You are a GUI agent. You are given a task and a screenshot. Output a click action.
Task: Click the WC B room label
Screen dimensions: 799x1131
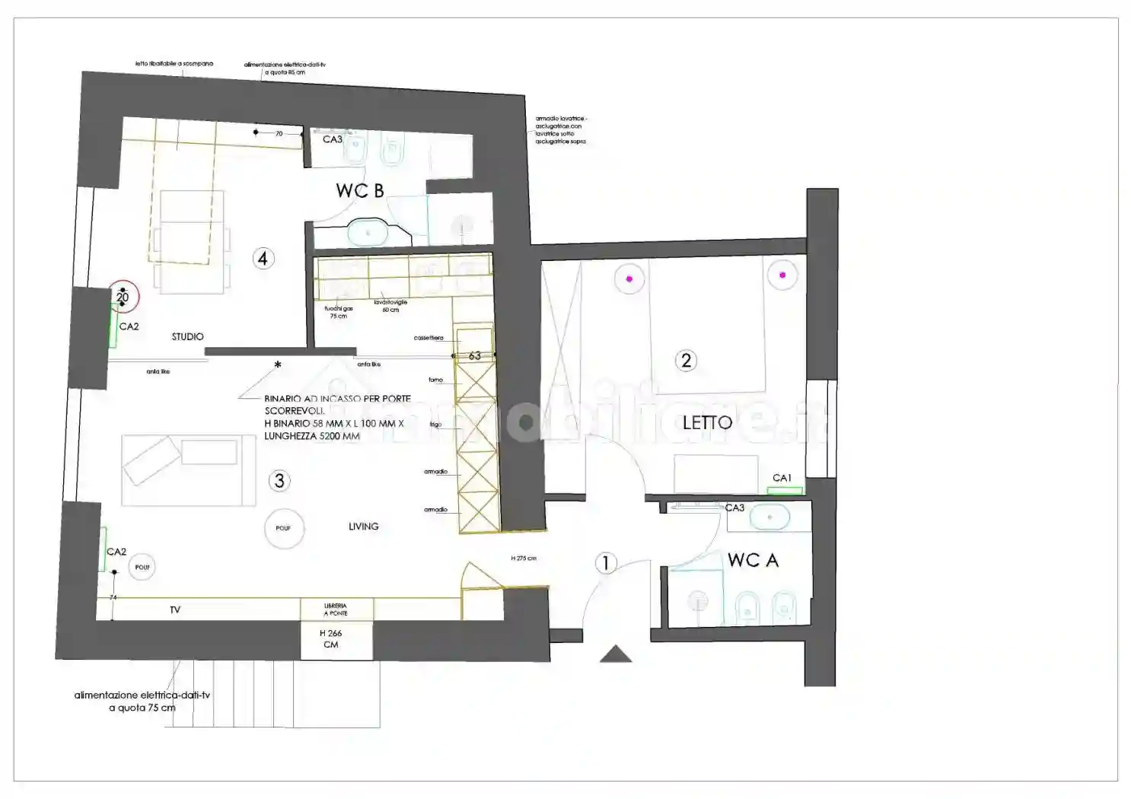(x=359, y=190)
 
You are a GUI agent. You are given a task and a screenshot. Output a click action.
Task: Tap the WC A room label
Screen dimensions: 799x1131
(x=752, y=561)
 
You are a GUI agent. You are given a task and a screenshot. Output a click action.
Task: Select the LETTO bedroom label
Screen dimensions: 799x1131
(x=707, y=422)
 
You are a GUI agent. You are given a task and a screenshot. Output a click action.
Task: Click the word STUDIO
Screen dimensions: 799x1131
(x=187, y=336)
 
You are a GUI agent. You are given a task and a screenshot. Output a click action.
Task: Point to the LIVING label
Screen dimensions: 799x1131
(x=363, y=526)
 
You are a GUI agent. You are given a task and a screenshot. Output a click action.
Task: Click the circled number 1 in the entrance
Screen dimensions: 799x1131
(x=606, y=563)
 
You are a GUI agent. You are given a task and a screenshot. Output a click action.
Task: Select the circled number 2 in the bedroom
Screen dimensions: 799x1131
(x=686, y=360)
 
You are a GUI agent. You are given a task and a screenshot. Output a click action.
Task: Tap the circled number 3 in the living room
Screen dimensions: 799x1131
(x=279, y=480)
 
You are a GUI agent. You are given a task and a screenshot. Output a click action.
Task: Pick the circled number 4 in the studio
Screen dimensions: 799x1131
(x=263, y=259)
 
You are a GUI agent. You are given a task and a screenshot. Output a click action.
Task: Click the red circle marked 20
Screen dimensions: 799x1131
(x=123, y=297)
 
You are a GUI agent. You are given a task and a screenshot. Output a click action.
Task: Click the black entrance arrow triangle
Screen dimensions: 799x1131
(x=616, y=654)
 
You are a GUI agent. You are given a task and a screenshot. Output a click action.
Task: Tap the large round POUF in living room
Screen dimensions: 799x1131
(x=284, y=528)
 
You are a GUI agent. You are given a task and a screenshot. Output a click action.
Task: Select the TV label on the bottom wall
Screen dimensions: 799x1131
(x=175, y=610)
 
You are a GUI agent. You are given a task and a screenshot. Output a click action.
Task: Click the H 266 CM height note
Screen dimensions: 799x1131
(x=330, y=638)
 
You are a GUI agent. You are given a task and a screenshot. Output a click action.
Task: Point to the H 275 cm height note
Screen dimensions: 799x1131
(x=524, y=559)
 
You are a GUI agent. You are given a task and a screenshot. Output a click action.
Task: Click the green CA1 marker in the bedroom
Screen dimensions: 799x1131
(x=784, y=491)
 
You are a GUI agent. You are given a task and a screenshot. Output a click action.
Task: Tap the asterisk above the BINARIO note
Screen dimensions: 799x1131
(x=278, y=365)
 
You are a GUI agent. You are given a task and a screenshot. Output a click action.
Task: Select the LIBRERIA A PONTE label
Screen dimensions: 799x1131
(x=336, y=610)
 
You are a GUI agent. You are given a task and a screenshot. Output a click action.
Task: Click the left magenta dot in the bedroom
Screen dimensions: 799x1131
(x=629, y=279)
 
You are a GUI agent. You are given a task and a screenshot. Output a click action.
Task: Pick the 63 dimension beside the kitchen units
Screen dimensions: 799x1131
(x=474, y=355)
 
